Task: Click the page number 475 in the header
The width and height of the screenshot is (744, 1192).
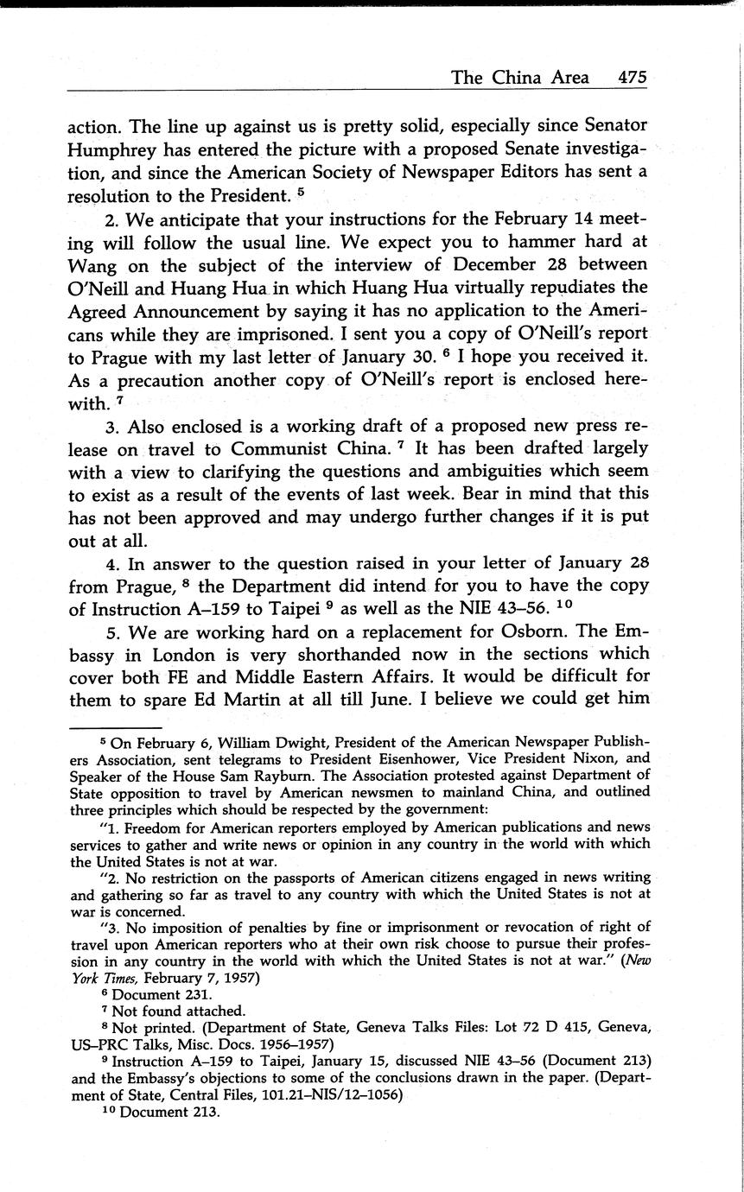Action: pyautogui.click(x=633, y=78)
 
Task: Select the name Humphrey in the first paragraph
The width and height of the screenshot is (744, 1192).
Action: pyautogui.click(x=112, y=149)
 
